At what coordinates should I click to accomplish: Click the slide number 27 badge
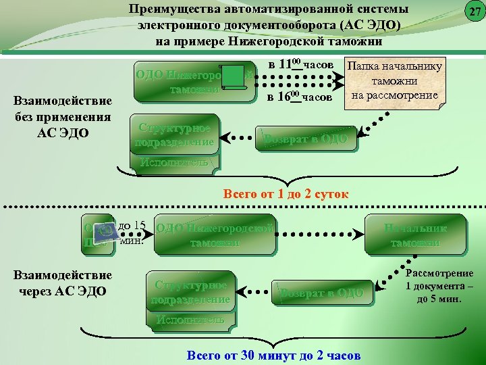[475, 12]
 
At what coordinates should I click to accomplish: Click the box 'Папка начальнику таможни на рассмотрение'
[394, 81]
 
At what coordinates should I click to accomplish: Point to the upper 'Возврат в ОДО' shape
[307, 139]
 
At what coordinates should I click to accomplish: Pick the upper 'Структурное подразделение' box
[175, 135]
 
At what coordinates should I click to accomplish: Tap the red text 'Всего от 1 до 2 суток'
[286, 195]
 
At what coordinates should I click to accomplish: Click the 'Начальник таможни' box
[415, 235]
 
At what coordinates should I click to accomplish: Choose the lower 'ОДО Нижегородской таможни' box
[215, 235]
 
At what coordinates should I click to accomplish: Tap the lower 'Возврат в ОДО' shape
[323, 293]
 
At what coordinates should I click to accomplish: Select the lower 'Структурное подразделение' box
[192, 291]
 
